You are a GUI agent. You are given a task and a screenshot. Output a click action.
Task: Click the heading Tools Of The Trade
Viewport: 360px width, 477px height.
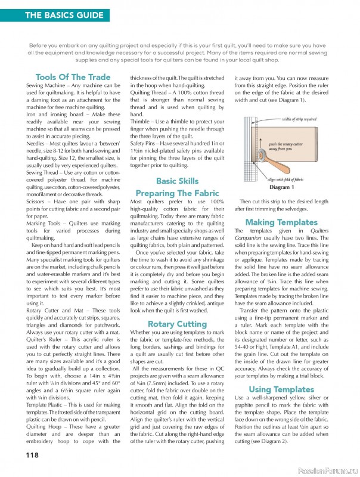pos(73,77)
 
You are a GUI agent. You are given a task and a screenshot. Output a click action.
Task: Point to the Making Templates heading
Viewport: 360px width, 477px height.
pos(281,222)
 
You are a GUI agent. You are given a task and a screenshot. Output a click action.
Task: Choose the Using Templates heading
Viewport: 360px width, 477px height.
pos(281,389)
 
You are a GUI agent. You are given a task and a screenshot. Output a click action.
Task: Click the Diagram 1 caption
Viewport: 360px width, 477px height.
pos(282,187)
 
